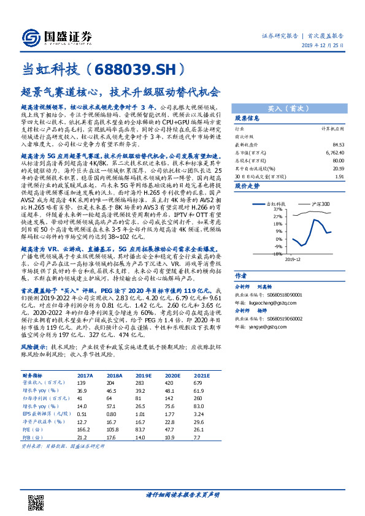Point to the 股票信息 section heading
tap(247, 118)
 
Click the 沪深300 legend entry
tap(318, 203)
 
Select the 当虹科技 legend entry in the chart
tap(275, 203)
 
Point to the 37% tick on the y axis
tap(261, 209)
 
